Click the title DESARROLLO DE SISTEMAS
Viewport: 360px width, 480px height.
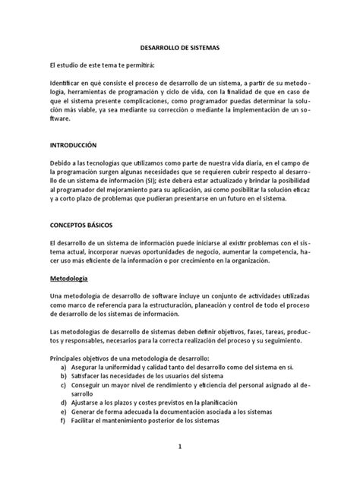click(x=180, y=46)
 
